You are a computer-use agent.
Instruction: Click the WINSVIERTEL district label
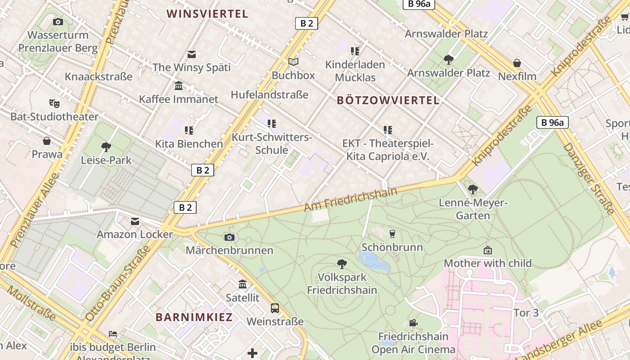click(x=207, y=14)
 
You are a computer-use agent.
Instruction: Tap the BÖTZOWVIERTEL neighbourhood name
click(x=388, y=100)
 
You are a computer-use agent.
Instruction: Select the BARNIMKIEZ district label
click(x=194, y=317)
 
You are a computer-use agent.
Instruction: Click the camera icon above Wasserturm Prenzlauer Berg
click(x=58, y=22)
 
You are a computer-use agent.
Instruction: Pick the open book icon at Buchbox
click(x=293, y=62)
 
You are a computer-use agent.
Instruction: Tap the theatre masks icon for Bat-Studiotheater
click(x=54, y=103)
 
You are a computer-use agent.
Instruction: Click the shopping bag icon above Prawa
click(x=47, y=141)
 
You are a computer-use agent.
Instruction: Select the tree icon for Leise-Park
click(x=106, y=147)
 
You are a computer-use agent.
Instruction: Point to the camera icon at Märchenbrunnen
click(x=229, y=237)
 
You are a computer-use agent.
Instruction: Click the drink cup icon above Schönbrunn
click(x=392, y=234)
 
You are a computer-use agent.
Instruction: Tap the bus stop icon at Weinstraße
click(x=275, y=308)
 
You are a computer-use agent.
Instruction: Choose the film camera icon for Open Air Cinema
click(x=413, y=323)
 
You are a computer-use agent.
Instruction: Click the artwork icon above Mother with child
click(x=488, y=250)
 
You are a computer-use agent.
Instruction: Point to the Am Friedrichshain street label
click(x=351, y=199)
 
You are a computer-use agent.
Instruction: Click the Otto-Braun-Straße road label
click(x=117, y=283)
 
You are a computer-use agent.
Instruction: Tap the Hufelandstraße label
click(x=270, y=94)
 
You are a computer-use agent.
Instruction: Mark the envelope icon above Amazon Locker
click(x=135, y=221)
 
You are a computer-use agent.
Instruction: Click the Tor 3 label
click(x=526, y=312)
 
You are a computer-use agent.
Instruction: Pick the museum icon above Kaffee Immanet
click(x=179, y=85)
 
